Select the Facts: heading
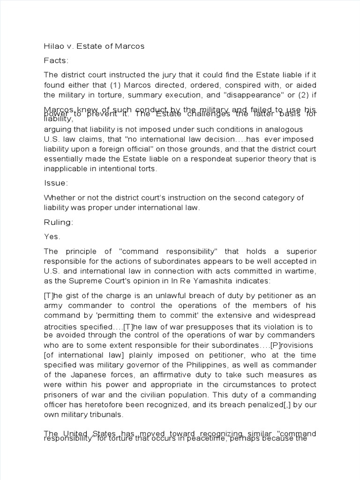point(56,60)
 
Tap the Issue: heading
point(56,183)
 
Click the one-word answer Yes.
point(52,237)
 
